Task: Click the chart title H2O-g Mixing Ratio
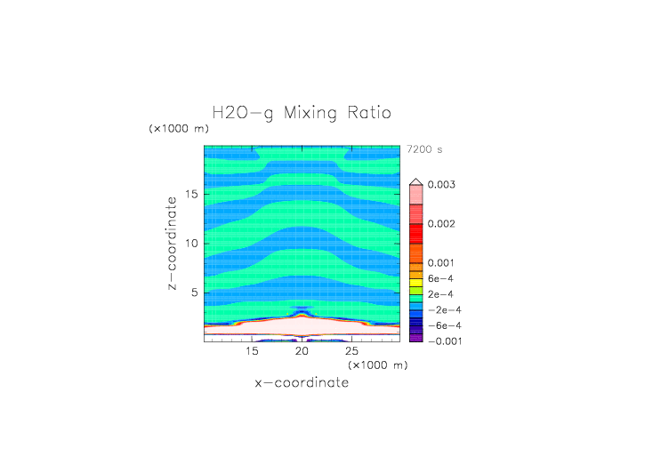click(302, 114)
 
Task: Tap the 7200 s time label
click(423, 149)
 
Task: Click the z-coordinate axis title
click(171, 245)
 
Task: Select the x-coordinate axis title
click(302, 383)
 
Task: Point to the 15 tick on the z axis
click(191, 194)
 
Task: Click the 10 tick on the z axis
click(191, 244)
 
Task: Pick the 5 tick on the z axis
click(195, 293)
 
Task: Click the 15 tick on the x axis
click(253, 352)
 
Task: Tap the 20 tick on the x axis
click(302, 352)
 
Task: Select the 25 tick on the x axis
click(351, 352)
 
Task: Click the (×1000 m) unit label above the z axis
click(179, 129)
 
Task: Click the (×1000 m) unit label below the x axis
click(378, 365)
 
